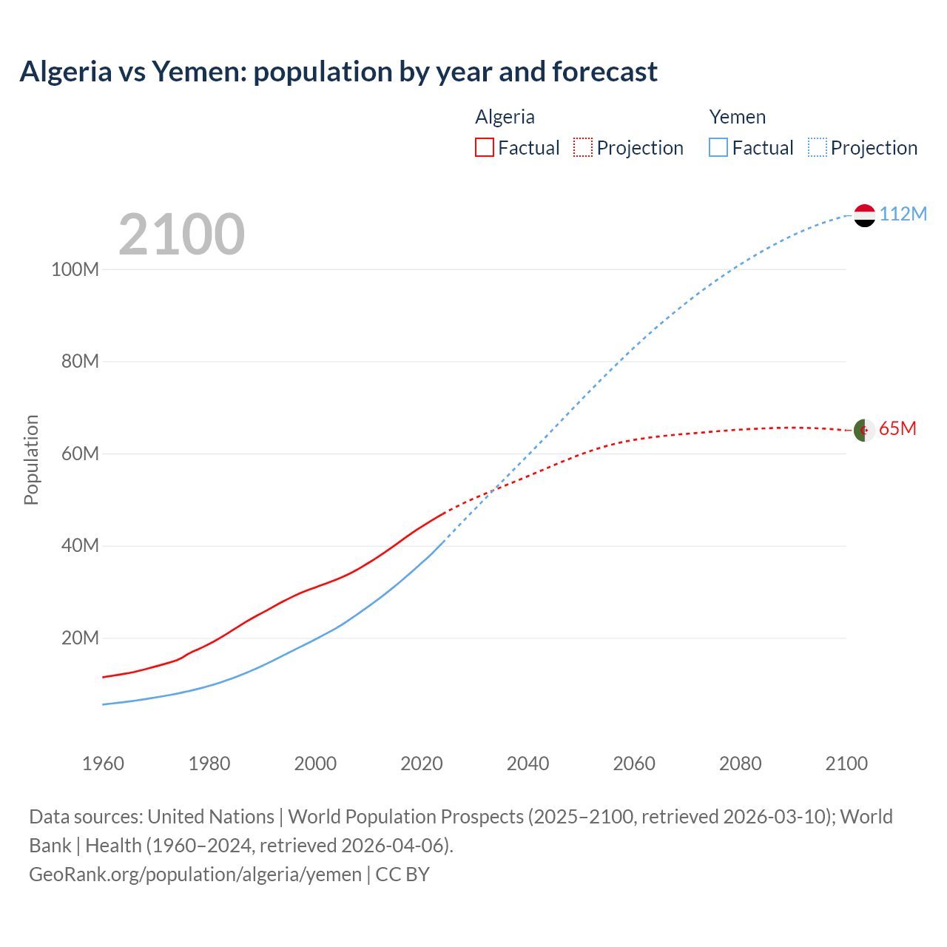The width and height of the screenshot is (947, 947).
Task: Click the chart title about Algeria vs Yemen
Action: tap(338, 72)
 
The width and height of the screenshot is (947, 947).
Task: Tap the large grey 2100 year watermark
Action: tap(181, 235)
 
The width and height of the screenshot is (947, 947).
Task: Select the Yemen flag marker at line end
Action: tap(864, 215)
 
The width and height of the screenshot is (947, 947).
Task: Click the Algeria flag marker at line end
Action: tap(864, 430)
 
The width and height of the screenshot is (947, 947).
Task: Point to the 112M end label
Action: tap(903, 215)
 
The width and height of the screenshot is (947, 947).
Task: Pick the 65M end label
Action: tap(897, 429)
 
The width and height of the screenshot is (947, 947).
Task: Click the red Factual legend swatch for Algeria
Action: tap(485, 147)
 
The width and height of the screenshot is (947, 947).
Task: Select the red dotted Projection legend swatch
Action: tap(583, 147)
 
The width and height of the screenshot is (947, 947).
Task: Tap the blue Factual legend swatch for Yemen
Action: tap(718, 147)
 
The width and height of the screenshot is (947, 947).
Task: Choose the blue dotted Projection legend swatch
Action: tap(818, 147)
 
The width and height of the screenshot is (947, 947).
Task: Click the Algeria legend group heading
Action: tap(505, 117)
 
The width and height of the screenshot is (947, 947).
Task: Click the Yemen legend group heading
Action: tap(737, 117)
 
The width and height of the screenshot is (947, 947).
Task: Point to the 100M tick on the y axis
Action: tap(75, 269)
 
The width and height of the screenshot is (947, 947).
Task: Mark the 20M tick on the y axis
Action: tap(80, 638)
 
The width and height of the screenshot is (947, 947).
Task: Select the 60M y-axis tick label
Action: tap(80, 454)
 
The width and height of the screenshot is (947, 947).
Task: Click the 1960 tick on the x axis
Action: tap(103, 764)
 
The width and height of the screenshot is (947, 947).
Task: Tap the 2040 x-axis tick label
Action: tap(528, 764)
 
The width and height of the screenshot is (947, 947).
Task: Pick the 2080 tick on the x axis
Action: tap(740, 764)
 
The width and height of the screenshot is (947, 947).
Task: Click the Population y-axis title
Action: tap(31, 459)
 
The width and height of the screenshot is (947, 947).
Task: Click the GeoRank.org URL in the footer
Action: tap(195, 874)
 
